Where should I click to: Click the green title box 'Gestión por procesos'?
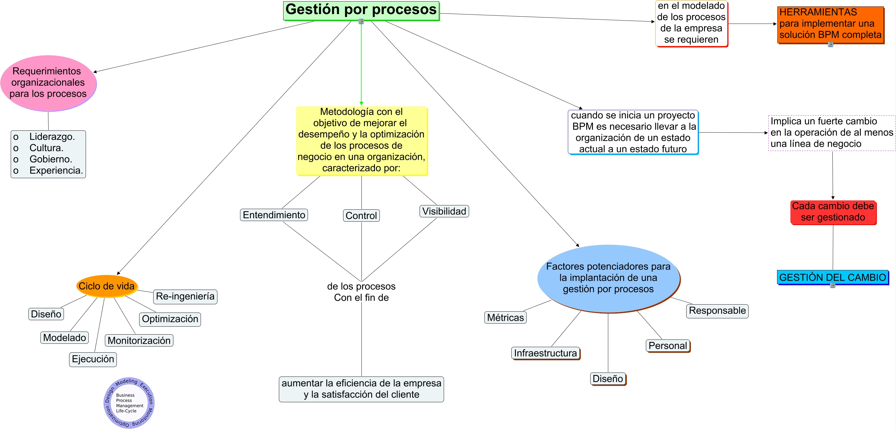(x=361, y=11)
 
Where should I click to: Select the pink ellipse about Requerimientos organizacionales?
(x=48, y=83)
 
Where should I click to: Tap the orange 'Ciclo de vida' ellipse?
(x=107, y=286)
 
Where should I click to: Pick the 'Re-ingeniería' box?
(x=185, y=297)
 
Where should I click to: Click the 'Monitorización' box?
(x=139, y=340)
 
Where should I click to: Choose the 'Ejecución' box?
(x=93, y=359)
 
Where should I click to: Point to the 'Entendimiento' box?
(x=274, y=215)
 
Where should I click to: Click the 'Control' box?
(x=361, y=215)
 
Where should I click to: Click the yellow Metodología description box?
(x=362, y=141)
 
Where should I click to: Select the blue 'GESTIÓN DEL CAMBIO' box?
(x=833, y=277)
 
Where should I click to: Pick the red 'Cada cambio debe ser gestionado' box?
(x=833, y=212)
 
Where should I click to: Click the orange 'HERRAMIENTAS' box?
(x=831, y=25)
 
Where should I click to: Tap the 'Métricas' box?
(x=505, y=317)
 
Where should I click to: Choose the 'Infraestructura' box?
(x=546, y=353)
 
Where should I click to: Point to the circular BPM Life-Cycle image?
(x=129, y=403)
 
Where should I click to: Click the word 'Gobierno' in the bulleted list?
(x=50, y=159)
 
